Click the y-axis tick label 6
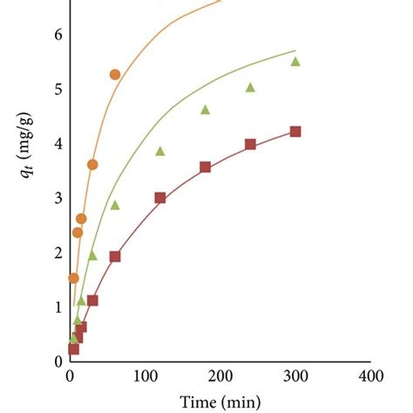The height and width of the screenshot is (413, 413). [x=58, y=35]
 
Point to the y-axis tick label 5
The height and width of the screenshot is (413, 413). [x=58, y=89]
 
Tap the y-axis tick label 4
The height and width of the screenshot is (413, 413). [x=58, y=144]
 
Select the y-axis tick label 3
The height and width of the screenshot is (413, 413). [x=58, y=198]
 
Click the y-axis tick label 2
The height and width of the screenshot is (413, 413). [x=58, y=253]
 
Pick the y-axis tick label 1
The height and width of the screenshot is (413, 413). [x=58, y=307]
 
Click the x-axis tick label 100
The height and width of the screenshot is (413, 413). [x=145, y=376]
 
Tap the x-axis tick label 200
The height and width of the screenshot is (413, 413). [x=220, y=376]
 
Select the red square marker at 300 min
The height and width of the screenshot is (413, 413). [x=295, y=132]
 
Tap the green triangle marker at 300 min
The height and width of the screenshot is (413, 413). [x=295, y=61]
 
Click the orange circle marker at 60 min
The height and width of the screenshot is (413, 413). [x=115, y=74]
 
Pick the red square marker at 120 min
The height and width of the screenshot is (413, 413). [x=160, y=198]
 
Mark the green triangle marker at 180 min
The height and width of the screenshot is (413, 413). [x=206, y=110]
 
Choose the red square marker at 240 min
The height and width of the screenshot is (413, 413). [x=250, y=144]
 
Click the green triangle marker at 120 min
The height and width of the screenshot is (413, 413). [x=160, y=151]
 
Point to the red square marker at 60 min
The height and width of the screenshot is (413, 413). [x=115, y=256]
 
